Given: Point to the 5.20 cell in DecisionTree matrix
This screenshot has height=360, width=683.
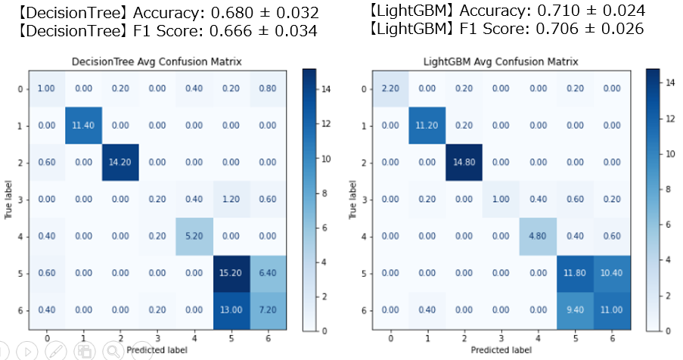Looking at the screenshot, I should click(x=194, y=235).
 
